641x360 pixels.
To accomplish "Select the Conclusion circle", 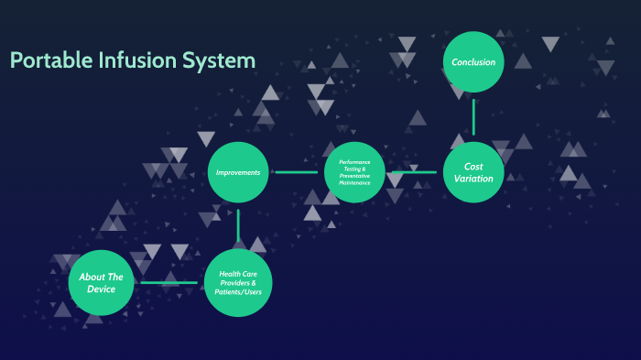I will click(473, 61).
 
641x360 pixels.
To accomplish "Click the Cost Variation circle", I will click(473, 171).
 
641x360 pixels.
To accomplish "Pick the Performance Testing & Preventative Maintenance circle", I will click(354, 171).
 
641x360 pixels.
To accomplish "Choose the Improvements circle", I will click(237, 171).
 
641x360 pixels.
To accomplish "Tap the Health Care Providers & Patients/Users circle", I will click(237, 282).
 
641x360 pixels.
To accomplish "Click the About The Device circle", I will click(101, 282).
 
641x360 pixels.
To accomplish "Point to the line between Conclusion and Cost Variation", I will click(473, 116).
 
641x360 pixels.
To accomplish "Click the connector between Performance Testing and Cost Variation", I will click(414, 171).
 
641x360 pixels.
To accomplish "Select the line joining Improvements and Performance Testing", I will click(296, 171).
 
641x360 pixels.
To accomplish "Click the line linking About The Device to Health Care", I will click(170, 282).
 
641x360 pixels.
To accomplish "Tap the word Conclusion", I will click(473, 62).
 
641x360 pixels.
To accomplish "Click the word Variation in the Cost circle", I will click(473, 179).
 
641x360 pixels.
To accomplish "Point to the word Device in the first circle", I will click(101, 289).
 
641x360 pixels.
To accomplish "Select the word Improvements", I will click(237, 172).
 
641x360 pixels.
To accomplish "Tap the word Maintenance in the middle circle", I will click(354, 183).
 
